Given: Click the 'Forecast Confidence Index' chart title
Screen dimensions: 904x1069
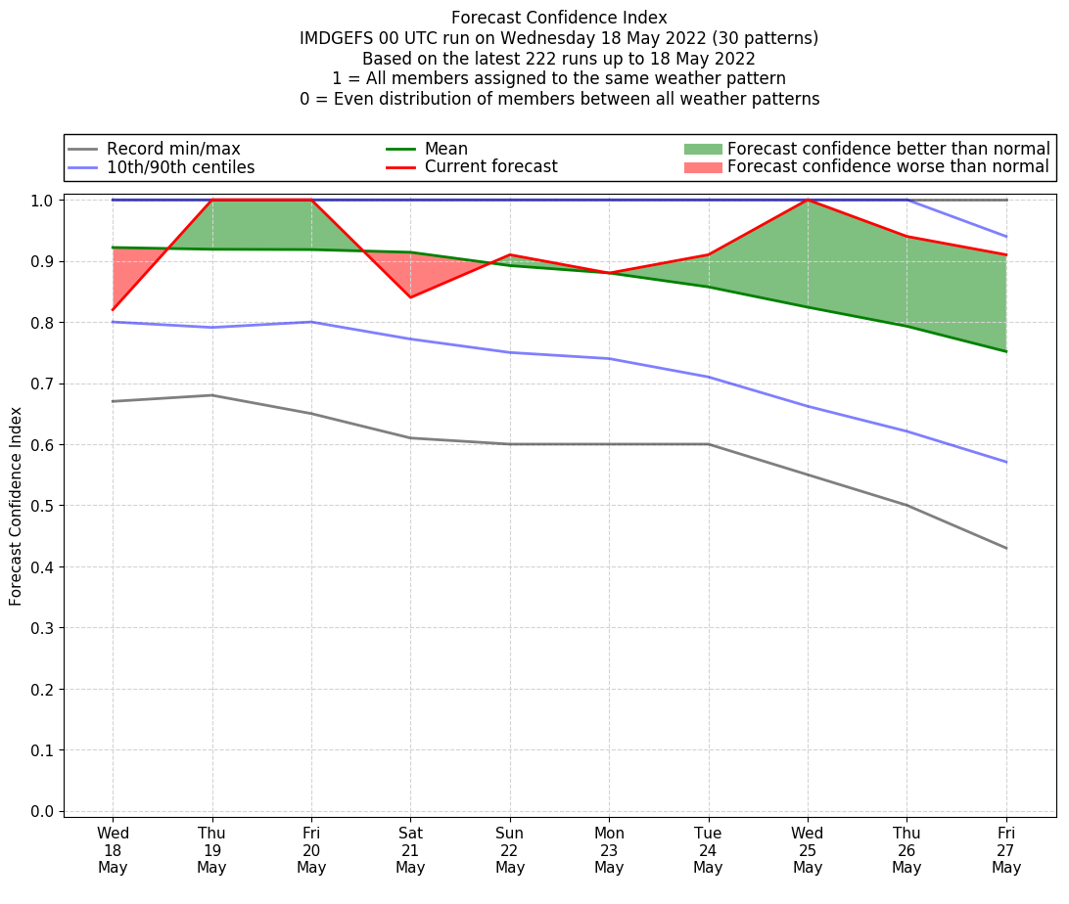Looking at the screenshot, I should pyautogui.click(x=559, y=18).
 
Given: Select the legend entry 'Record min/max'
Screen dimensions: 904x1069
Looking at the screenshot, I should pyautogui.click(x=172, y=149).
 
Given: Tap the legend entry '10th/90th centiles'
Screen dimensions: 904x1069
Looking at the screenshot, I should pyautogui.click(x=180, y=167).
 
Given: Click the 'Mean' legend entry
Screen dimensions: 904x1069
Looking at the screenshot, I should pyautogui.click(x=445, y=149).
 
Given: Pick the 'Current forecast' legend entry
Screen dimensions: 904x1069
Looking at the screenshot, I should pyautogui.click(x=490, y=166).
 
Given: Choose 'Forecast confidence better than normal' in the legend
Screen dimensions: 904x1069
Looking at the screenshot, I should pyautogui.click(x=888, y=149).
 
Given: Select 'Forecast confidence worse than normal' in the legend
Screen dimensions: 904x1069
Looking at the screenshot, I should pyautogui.click(x=888, y=167).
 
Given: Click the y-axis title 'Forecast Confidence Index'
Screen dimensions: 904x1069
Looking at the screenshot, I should pyautogui.click(x=17, y=506).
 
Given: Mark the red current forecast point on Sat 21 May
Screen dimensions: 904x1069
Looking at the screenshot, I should pyautogui.click(x=410, y=297).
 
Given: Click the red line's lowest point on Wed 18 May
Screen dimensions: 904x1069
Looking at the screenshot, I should pyautogui.click(x=113, y=310).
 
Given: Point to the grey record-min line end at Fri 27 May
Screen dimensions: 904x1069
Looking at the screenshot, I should pyautogui.click(x=1006, y=548).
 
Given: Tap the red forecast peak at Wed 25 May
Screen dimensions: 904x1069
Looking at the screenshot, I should pyautogui.click(x=808, y=200).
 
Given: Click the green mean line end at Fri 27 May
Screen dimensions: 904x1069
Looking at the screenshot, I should pyautogui.click(x=1006, y=351).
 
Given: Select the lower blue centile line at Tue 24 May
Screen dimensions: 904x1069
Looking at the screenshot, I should pyautogui.click(x=708, y=377).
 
